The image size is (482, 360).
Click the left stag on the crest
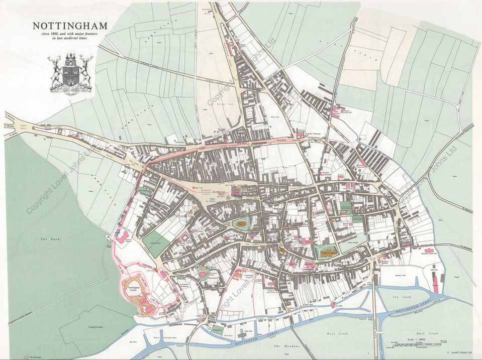[x=54, y=70]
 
